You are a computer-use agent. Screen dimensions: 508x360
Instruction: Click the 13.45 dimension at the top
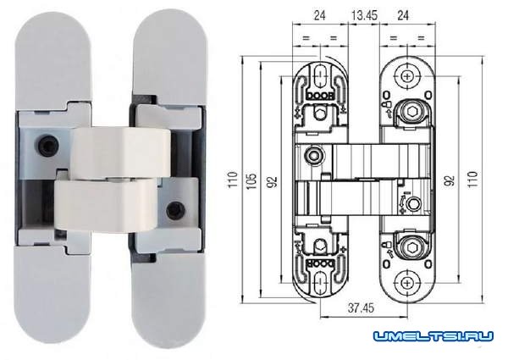(364, 15)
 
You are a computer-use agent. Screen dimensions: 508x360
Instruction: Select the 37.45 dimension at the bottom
(361, 307)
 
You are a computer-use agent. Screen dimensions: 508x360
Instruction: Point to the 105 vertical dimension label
(251, 181)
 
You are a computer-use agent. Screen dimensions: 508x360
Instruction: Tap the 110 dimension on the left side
(232, 180)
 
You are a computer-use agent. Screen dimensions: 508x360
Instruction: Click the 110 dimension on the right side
(472, 180)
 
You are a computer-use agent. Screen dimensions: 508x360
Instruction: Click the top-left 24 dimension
(319, 15)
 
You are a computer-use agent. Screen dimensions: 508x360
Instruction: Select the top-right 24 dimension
(403, 15)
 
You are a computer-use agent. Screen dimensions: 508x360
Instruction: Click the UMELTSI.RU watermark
(433, 336)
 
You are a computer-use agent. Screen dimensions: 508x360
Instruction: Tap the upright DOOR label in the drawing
(320, 97)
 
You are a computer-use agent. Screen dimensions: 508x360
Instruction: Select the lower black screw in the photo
(176, 210)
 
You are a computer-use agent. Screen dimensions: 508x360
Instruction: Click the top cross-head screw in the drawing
(407, 77)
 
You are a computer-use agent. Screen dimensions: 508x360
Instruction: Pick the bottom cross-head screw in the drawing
(406, 283)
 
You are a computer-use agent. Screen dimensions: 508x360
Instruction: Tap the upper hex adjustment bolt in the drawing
(412, 114)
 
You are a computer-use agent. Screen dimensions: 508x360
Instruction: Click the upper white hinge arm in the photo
(120, 152)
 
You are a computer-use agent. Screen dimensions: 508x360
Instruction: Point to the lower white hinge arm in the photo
(106, 206)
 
